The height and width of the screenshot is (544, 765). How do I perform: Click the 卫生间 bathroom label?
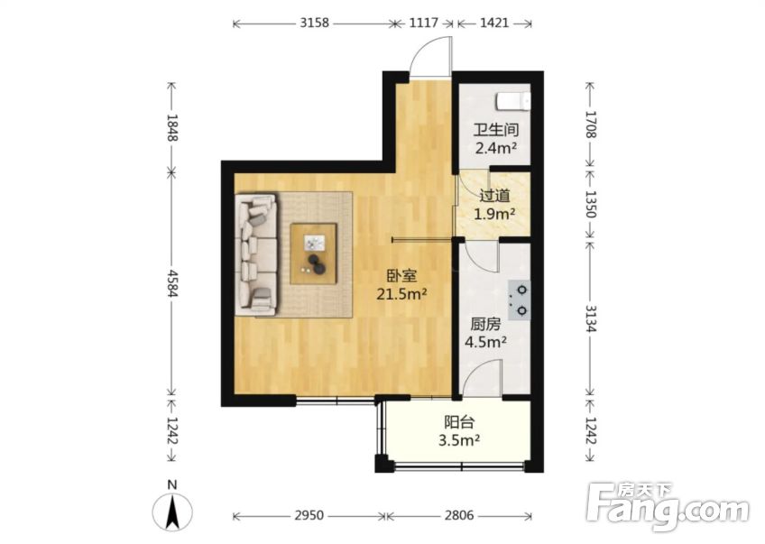pyautogui.click(x=495, y=127)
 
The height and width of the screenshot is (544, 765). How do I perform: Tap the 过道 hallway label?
pyautogui.click(x=494, y=195)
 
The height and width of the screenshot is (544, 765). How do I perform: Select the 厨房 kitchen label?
pyautogui.click(x=485, y=324)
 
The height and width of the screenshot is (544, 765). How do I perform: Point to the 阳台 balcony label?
pyautogui.click(x=458, y=422)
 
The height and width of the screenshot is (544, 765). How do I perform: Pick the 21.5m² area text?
pyautogui.click(x=401, y=293)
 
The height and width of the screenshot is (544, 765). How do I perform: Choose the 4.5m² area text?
pyautogui.click(x=485, y=342)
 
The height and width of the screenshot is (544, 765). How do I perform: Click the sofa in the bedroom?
pyautogui.click(x=255, y=256)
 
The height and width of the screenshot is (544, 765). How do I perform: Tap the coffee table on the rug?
pyautogui.click(x=314, y=254)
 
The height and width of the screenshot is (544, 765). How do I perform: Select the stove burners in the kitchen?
pyautogui.click(x=521, y=300)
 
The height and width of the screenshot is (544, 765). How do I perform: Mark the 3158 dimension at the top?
pyautogui.click(x=313, y=24)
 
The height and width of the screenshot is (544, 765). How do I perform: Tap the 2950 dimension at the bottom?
pyautogui.click(x=309, y=516)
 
